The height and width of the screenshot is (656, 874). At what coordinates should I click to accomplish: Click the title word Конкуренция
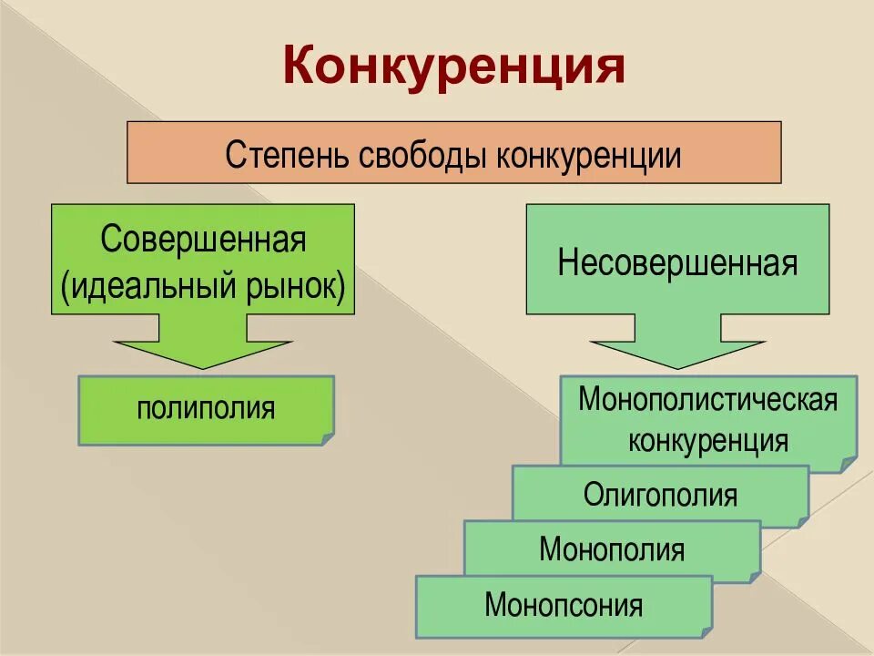tap(453, 66)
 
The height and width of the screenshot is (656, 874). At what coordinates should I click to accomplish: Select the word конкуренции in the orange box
tap(589, 154)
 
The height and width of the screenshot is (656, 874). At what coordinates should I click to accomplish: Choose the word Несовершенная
tap(677, 262)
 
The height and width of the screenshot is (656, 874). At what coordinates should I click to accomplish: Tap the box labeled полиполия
tap(206, 408)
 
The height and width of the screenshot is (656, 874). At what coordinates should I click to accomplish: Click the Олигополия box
tap(660, 495)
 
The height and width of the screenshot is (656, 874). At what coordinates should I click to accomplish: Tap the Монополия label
tap(612, 549)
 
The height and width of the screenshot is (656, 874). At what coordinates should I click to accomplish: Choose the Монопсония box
tap(564, 604)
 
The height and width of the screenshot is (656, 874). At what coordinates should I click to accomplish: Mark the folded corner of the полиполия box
tap(327, 438)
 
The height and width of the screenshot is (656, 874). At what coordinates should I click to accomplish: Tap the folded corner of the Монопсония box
tap(706, 630)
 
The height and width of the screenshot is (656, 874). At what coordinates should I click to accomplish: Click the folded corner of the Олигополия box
tap(801, 520)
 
